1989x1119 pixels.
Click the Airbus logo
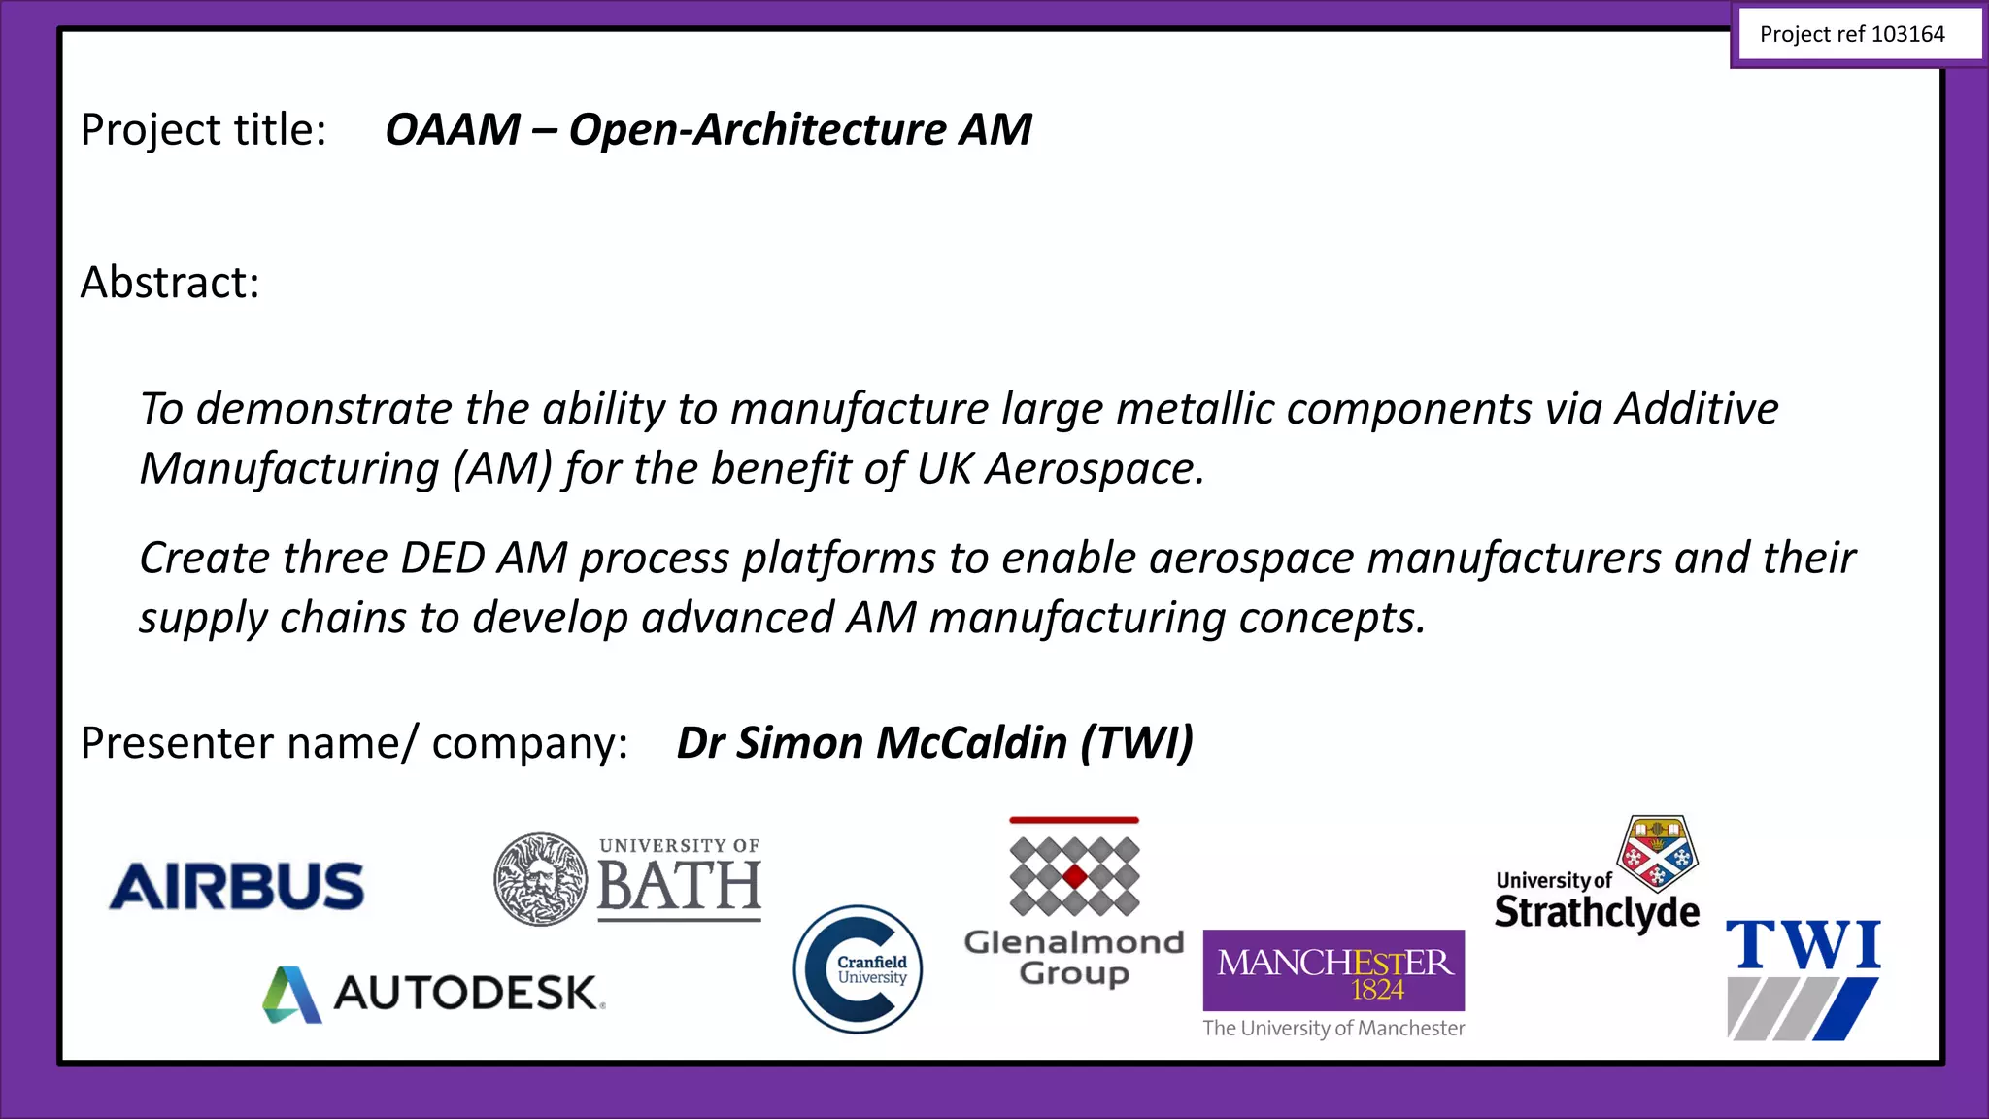click(237, 886)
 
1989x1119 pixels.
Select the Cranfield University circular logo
click(858, 969)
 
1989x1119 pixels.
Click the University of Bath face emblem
click(540, 879)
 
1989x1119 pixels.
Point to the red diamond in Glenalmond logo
click(1074, 877)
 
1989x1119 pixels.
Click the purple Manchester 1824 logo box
click(1333, 970)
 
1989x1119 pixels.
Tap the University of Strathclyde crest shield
click(1657, 852)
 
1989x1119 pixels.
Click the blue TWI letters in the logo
click(1804, 945)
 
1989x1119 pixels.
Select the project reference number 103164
click(1907, 35)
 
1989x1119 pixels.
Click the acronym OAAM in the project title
click(453, 129)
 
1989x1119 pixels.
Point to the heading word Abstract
click(170, 283)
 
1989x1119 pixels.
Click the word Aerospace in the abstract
click(1095, 469)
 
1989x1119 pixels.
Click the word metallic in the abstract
click(1195, 409)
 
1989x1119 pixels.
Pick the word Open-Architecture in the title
click(758, 129)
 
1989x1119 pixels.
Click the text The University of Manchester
click(1333, 1028)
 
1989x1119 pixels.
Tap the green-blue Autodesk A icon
click(291, 995)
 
